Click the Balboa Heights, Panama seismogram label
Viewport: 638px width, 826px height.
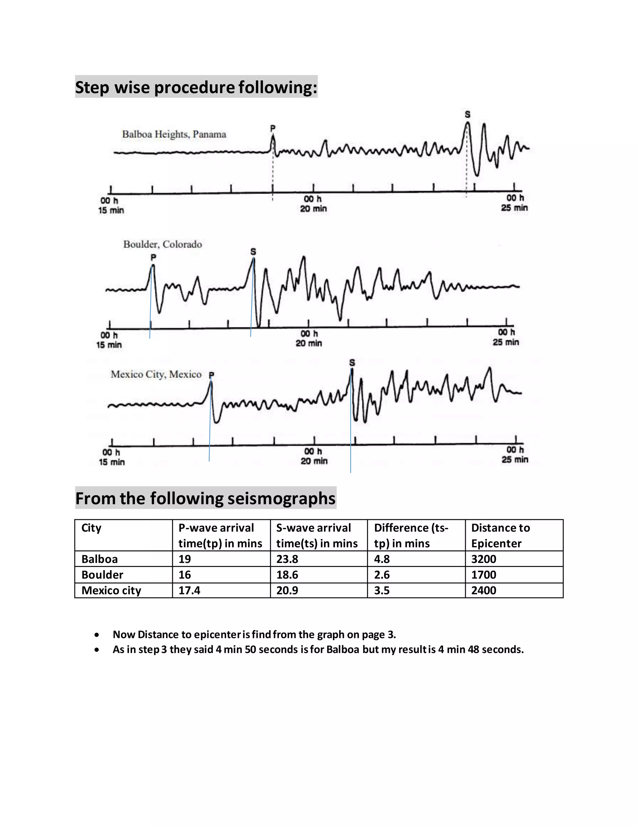click(x=174, y=134)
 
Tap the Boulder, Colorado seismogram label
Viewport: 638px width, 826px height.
click(x=163, y=244)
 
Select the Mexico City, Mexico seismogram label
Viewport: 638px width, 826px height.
click(x=156, y=374)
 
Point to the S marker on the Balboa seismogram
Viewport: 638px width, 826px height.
click(x=468, y=114)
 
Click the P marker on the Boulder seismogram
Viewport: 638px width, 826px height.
click(x=153, y=257)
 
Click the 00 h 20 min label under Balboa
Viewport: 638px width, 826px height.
click(x=313, y=204)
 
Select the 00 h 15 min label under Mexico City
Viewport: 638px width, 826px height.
click(x=112, y=457)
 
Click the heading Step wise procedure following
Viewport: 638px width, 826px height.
click(x=196, y=87)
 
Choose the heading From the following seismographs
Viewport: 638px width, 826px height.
click(x=205, y=498)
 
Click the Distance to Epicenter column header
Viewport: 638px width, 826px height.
click(x=500, y=535)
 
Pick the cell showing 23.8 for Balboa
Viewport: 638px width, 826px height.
click(x=287, y=559)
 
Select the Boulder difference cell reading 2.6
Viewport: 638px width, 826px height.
click(x=382, y=575)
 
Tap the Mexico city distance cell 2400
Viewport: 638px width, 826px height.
click(x=483, y=590)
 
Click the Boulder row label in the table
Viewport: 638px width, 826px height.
click(x=102, y=575)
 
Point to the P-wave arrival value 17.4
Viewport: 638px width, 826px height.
click(x=189, y=590)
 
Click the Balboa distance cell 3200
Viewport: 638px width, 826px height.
click(x=483, y=559)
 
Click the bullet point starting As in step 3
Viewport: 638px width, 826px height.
click(x=318, y=649)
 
